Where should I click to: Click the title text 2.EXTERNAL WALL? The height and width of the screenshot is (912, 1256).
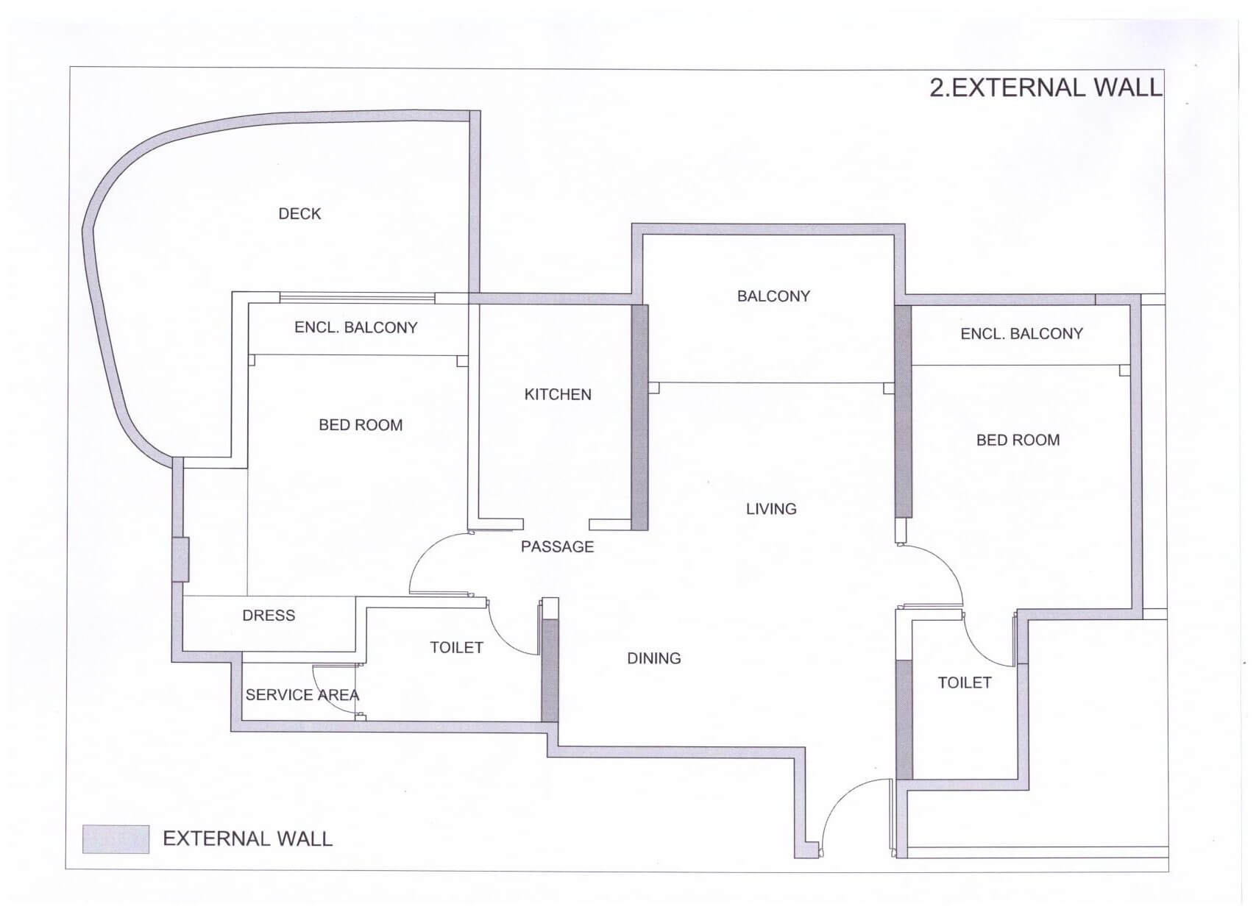tap(1045, 88)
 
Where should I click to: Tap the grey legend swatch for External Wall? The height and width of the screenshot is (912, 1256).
tap(116, 838)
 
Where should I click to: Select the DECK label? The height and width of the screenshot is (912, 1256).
tap(299, 214)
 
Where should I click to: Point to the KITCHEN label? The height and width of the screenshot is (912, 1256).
tap(558, 395)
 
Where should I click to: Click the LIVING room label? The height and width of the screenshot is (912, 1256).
tap(771, 509)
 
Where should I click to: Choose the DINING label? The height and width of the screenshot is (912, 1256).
tap(653, 659)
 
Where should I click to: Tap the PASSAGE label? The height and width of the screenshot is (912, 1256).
tap(557, 547)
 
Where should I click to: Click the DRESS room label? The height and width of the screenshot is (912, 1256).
tap(269, 616)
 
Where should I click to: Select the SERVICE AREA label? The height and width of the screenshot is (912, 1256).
tap(302, 695)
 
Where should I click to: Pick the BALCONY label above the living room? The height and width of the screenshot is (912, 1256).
tap(773, 296)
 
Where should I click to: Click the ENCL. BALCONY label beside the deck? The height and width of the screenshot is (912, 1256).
tap(355, 328)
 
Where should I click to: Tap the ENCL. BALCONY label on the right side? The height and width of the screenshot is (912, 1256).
tap(1021, 334)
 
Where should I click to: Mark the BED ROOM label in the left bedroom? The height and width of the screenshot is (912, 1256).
tap(361, 425)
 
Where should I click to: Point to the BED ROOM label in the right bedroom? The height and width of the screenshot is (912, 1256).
tap(1018, 441)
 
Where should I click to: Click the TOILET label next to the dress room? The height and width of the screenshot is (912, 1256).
tap(456, 648)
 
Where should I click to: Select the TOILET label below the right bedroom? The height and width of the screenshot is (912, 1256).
tap(964, 683)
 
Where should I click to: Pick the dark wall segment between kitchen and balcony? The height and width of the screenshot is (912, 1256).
tap(640, 416)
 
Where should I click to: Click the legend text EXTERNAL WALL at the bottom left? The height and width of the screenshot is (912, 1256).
tap(247, 839)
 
